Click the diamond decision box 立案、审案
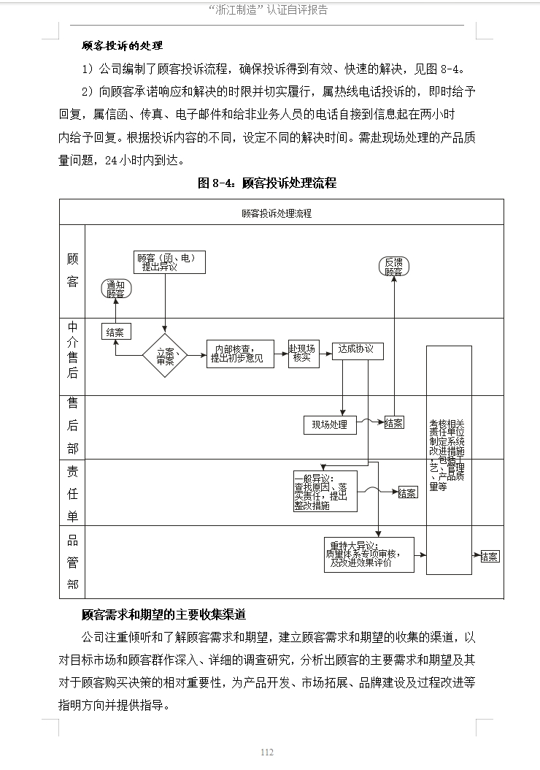(165, 356)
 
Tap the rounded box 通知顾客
(116, 289)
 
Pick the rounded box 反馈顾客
(394, 267)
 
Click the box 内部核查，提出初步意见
(240, 354)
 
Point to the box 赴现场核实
(304, 354)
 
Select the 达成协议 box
(357, 350)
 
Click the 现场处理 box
(330, 424)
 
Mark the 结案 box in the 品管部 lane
(490, 557)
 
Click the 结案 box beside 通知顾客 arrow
(115, 332)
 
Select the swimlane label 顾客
(72, 270)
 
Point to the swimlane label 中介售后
(72, 350)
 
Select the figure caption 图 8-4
(267, 183)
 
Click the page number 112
(267, 752)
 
